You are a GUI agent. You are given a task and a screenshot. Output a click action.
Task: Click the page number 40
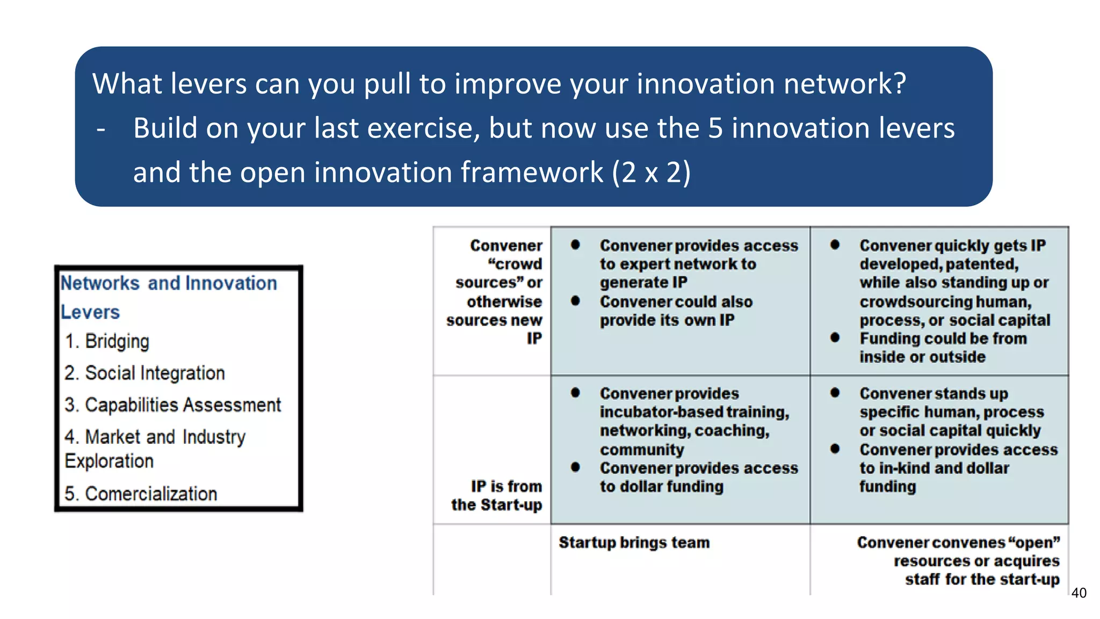click(x=1079, y=593)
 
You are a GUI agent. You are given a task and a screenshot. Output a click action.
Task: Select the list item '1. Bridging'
click(x=107, y=342)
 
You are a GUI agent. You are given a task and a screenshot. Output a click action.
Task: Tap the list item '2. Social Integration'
click(x=144, y=373)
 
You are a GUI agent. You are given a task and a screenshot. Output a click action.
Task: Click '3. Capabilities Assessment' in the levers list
click(x=172, y=405)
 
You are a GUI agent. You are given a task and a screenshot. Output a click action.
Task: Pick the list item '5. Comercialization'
click(x=141, y=493)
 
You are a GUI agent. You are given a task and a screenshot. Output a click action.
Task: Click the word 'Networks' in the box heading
click(x=100, y=283)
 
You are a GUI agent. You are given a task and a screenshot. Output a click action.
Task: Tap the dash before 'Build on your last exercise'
click(x=101, y=129)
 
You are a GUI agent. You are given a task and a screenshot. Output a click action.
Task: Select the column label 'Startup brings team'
click(x=634, y=542)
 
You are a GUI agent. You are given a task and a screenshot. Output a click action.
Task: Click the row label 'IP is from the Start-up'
click(x=497, y=495)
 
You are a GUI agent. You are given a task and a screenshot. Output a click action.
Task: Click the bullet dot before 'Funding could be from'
click(x=835, y=337)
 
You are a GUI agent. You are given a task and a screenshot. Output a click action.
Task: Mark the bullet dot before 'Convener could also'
click(x=575, y=301)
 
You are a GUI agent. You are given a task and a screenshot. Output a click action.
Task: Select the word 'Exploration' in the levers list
click(x=109, y=461)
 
